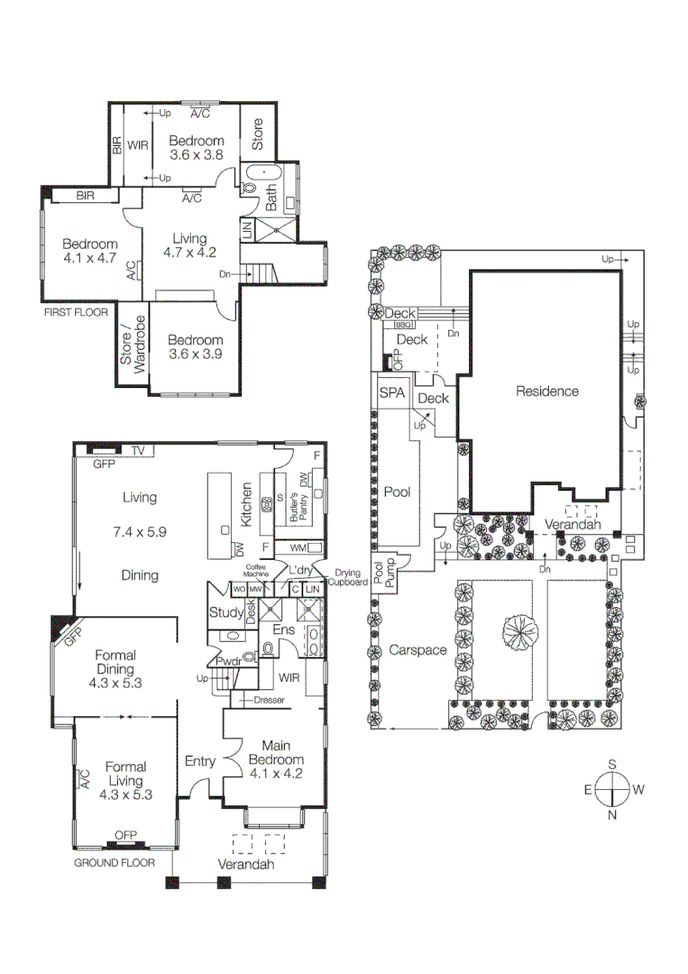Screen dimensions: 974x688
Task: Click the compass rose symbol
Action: tap(612, 790)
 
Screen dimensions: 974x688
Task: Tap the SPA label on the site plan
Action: tap(390, 393)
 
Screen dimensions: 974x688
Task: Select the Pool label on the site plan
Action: tap(397, 492)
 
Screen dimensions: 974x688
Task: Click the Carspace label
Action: tap(418, 649)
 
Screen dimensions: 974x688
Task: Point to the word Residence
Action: tap(546, 391)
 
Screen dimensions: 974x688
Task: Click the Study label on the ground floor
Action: tap(225, 613)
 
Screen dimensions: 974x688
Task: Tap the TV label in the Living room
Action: tap(138, 450)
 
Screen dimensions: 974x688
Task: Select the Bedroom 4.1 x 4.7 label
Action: tap(90, 251)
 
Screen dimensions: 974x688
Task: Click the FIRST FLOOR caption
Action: tap(75, 313)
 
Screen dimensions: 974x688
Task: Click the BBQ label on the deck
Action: tap(402, 325)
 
